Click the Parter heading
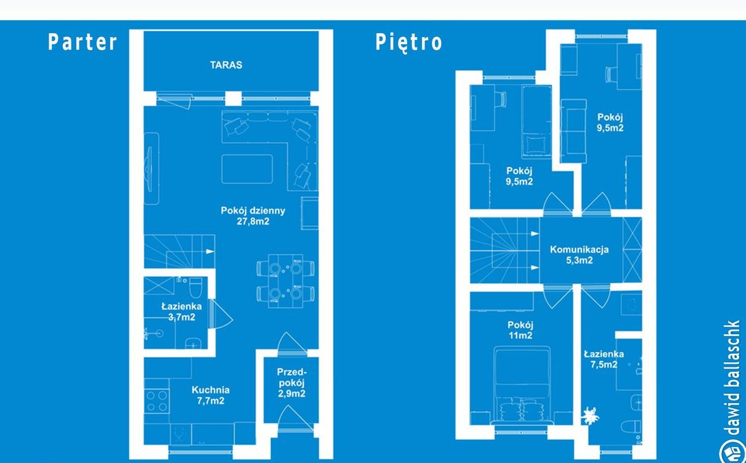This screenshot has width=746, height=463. coord(83,42)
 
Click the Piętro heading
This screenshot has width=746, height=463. coord(408,43)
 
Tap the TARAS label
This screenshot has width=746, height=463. coord(226,65)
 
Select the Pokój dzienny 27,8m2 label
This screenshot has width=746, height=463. coord(253,216)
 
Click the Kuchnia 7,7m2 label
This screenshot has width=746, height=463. coord(211,395)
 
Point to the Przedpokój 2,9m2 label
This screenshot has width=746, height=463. coord(292,383)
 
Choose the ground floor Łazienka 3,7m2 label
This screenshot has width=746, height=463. coord(182,312)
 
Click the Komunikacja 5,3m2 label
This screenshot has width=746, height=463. coord(580,255)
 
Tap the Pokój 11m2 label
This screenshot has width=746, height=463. coord(520,330)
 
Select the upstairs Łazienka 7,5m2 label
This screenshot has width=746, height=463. coord(604,359)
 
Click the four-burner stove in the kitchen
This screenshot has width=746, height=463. coord(157,401)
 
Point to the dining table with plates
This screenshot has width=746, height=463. coord(285,281)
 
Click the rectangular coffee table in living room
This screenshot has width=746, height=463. coord(247,169)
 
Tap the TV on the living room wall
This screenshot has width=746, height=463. coord(150,169)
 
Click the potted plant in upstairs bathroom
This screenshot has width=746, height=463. coord(590,416)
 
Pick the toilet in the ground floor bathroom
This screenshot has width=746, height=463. coord(195,287)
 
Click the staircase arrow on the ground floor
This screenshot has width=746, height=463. coord(210,252)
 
